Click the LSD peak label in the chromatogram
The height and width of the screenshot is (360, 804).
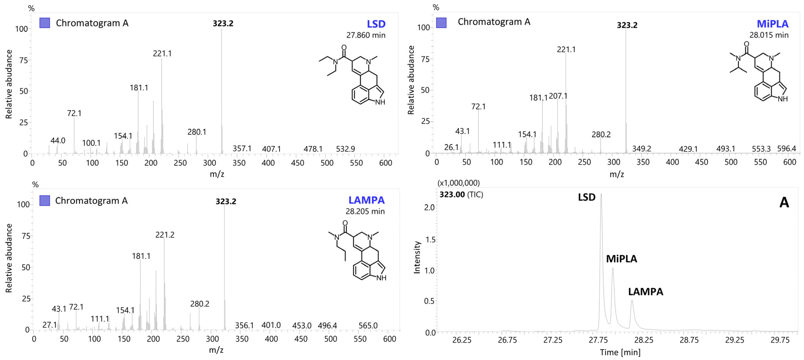[x=586, y=197]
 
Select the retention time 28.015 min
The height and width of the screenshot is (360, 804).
[x=769, y=35]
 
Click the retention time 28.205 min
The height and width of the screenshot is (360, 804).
[x=365, y=211]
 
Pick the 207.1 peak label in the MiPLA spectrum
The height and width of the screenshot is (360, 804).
[x=558, y=96]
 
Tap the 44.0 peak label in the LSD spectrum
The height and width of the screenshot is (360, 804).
[x=58, y=140]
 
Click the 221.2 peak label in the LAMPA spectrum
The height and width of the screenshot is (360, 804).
[x=165, y=235]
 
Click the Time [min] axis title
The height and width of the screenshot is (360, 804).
[x=620, y=352]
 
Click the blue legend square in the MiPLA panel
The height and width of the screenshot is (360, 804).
[x=441, y=22]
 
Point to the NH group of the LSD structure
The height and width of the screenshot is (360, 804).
[x=380, y=102]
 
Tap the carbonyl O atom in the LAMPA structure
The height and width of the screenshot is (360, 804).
[x=345, y=223]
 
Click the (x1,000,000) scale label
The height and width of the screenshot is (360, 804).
[x=458, y=183]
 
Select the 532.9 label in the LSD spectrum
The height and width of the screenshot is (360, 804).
[x=345, y=149]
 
